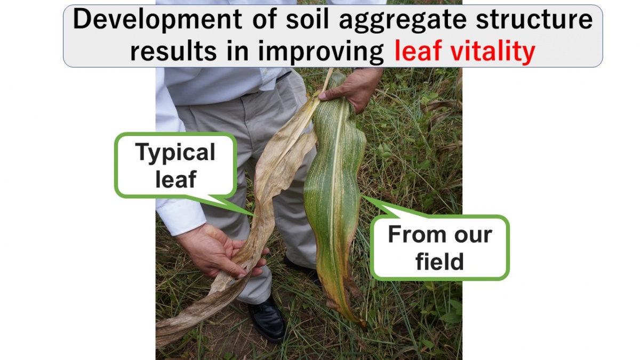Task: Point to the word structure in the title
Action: coord(534,19)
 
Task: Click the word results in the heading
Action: coord(173,51)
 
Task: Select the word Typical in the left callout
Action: coord(175,153)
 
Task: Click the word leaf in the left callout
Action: coord(175,179)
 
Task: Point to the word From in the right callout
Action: coord(414,235)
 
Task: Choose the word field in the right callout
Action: coord(439,261)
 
